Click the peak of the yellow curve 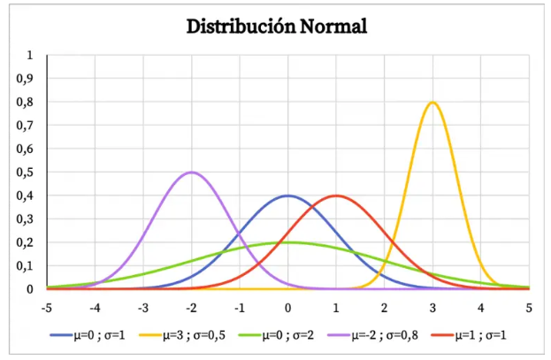pyautogui.click(x=432, y=102)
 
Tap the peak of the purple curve pyautogui.click(x=191, y=172)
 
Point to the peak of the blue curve pyautogui.click(x=287, y=195)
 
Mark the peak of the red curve pyautogui.click(x=336, y=195)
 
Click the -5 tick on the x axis pyautogui.click(x=47, y=308)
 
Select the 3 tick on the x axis pyautogui.click(x=432, y=308)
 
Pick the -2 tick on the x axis pyautogui.click(x=191, y=308)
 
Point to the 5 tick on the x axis pyautogui.click(x=529, y=308)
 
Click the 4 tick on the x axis pyautogui.click(x=481, y=308)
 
